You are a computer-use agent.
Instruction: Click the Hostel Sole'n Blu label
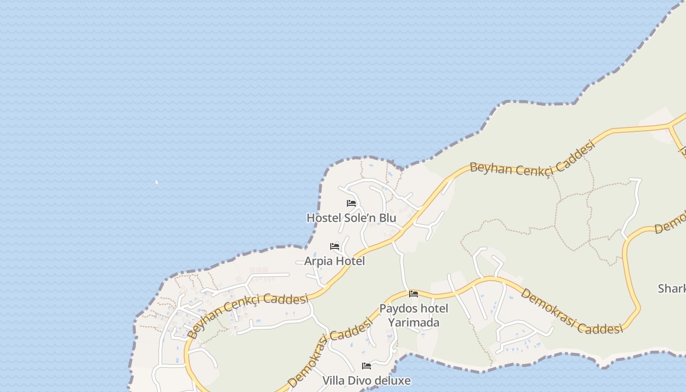click(351, 218)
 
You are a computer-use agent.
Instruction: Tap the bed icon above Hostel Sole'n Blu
click(351, 203)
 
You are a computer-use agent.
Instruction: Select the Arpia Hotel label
click(334, 261)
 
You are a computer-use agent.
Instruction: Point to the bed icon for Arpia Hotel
click(335, 246)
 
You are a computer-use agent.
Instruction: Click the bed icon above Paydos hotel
click(414, 294)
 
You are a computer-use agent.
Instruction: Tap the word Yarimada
click(414, 322)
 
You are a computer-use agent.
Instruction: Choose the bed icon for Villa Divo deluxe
click(366, 366)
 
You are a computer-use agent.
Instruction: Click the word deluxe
click(391, 380)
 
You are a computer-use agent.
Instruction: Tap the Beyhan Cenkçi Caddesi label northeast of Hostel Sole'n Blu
click(532, 158)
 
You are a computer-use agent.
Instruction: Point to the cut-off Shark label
click(672, 289)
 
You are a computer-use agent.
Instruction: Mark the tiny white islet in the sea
click(156, 182)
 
